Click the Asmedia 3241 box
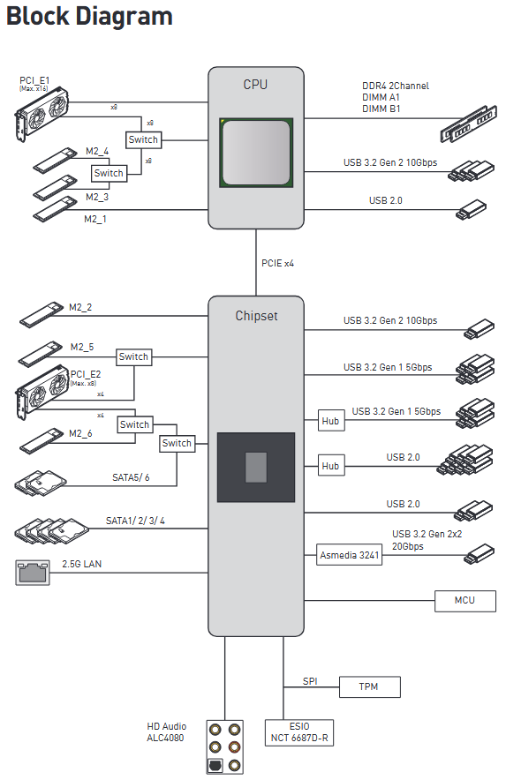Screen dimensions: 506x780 pyautogui.click(x=350, y=555)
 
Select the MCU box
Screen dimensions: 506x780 pyautogui.click(x=465, y=601)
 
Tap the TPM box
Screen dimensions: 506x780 pyautogui.click(x=369, y=687)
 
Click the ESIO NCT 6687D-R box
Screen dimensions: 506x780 pyautogui.click(x=298, y=732)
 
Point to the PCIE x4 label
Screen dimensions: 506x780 pyautogui.click(x=278, y=263)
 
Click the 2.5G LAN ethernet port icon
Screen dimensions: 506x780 pyautogui.click(x=33, y=573)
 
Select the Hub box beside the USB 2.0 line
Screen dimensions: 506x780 pyautogui.click(x=330, y=466)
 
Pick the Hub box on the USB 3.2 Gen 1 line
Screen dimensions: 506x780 pyautogui.click(x=330, y=421)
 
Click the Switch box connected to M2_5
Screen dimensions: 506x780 pyautogui.click(x=133, y=356)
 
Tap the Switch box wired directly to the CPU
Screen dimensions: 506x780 pyautogui.click(x=143, y=139)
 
